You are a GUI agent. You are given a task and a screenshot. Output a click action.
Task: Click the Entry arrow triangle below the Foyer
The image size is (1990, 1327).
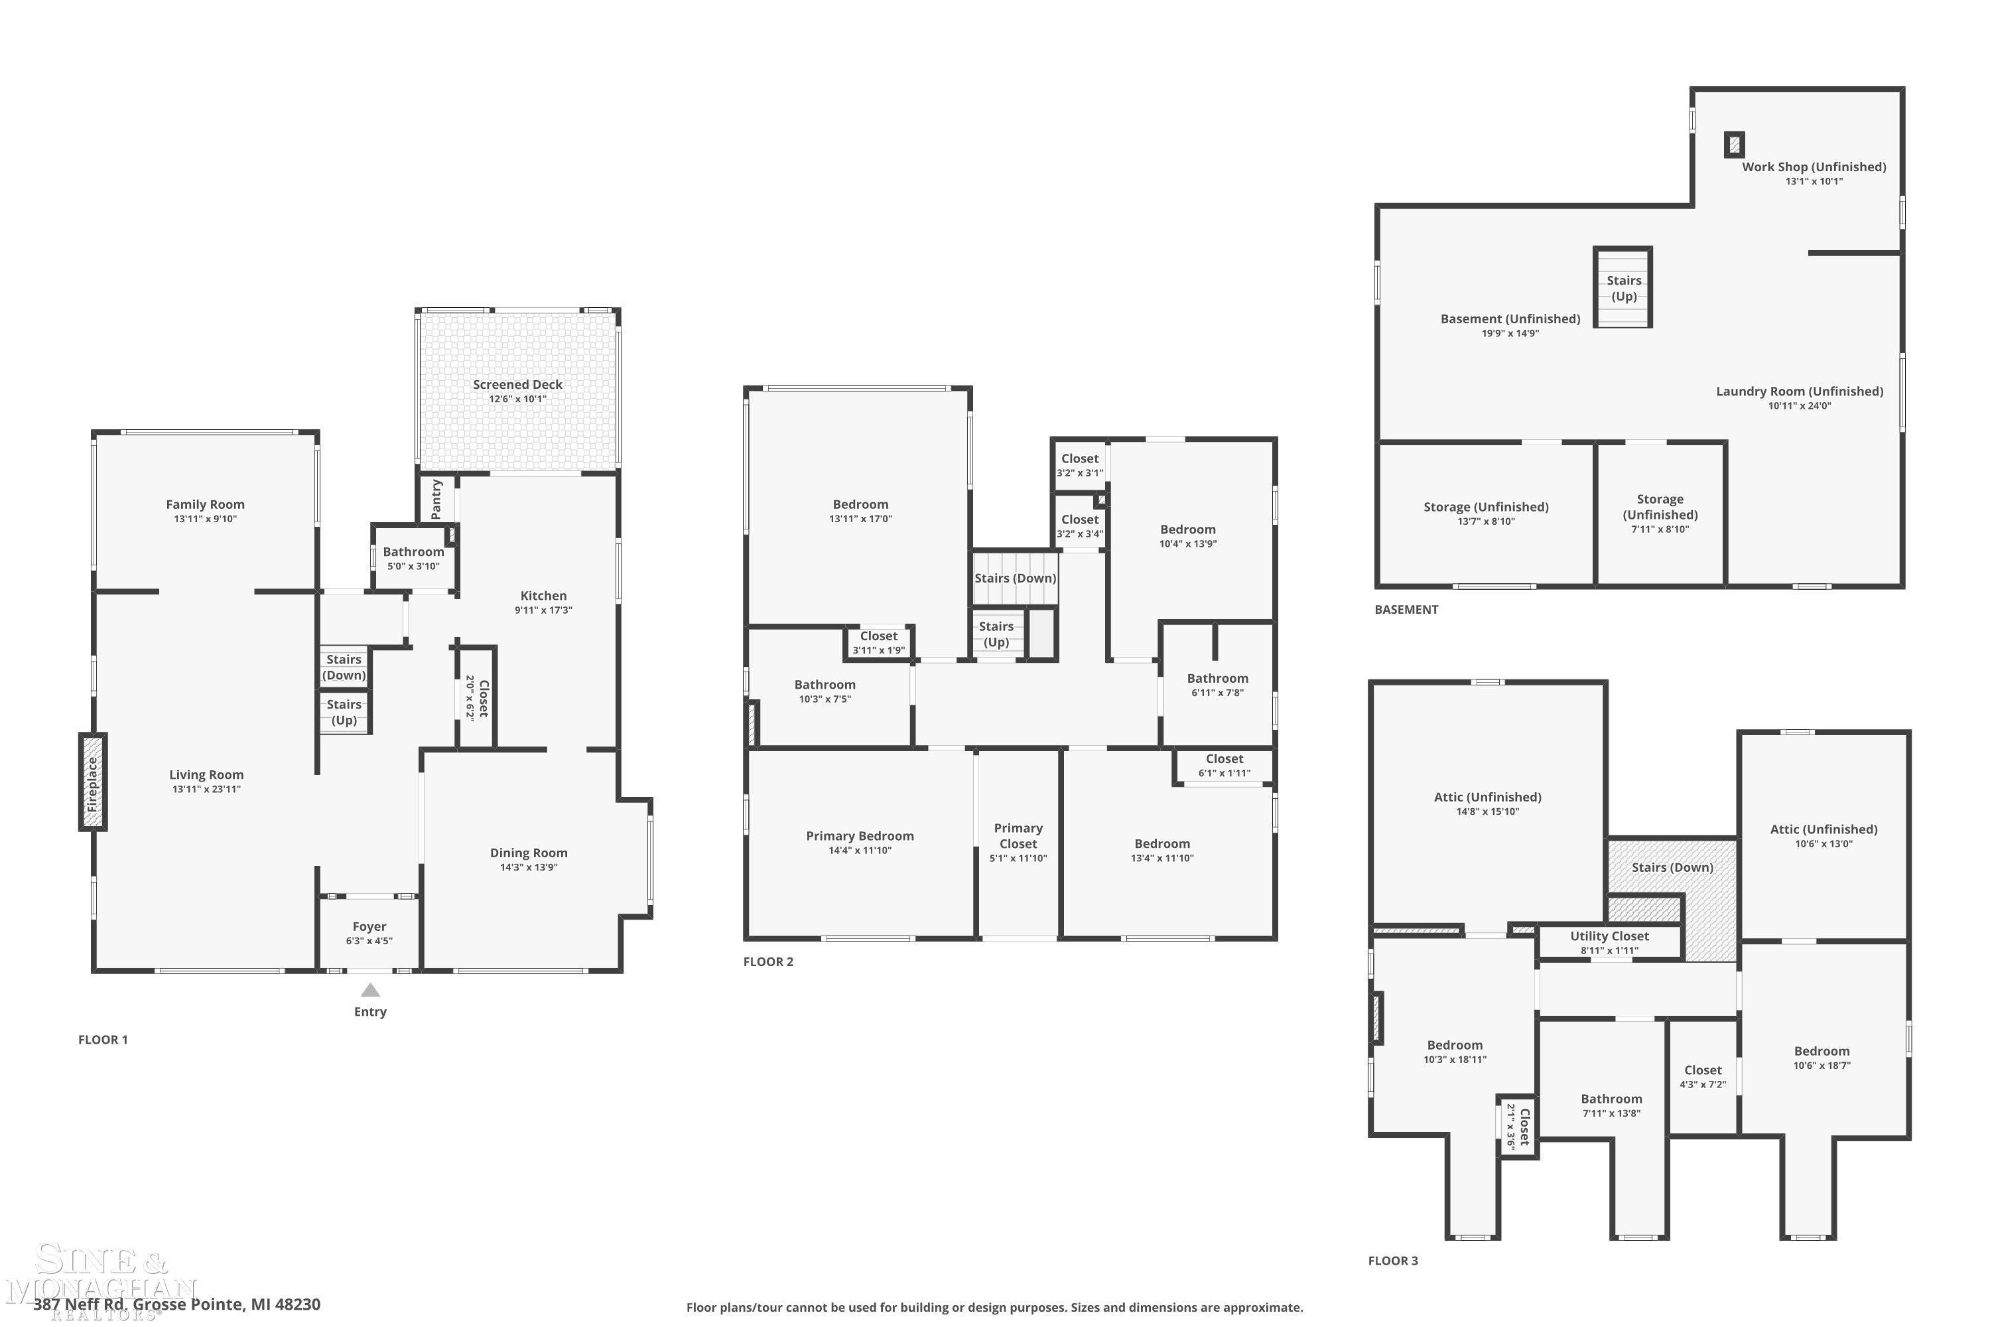371,989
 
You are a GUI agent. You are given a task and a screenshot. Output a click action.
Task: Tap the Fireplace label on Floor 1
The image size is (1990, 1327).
93,784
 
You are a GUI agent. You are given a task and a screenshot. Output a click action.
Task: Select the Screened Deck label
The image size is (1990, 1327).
518,384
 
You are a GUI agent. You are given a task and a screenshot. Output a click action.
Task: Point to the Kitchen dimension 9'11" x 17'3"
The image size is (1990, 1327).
543,610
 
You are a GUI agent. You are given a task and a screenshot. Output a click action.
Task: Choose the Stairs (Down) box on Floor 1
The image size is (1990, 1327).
344,667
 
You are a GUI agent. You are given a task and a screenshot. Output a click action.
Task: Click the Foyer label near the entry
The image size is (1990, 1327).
369,927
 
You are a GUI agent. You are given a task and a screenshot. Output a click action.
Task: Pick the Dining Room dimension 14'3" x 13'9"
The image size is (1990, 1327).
529,867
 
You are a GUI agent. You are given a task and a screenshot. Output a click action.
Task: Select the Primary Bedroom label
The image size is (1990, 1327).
860,835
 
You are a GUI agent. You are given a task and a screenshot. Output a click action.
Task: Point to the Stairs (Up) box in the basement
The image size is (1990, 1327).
1623,288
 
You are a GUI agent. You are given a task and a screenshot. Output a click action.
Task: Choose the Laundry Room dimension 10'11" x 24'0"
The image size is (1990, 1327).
1800,406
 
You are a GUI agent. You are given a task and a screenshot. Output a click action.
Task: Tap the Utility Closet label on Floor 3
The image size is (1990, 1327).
1609,936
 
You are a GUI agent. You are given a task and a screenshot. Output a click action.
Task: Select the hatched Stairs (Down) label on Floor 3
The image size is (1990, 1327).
1672,867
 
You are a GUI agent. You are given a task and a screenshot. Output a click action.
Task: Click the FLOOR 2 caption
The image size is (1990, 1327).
768,961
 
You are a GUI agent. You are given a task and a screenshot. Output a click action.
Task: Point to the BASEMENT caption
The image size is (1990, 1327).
1406,609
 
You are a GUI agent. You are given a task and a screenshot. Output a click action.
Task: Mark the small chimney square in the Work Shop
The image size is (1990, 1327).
1735,145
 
